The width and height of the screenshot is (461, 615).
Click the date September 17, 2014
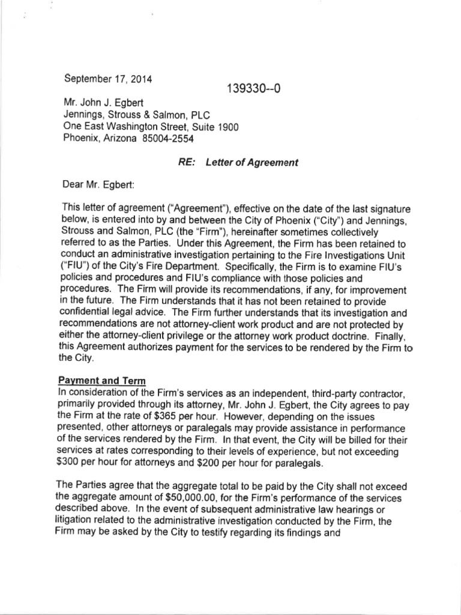(108, 78)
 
